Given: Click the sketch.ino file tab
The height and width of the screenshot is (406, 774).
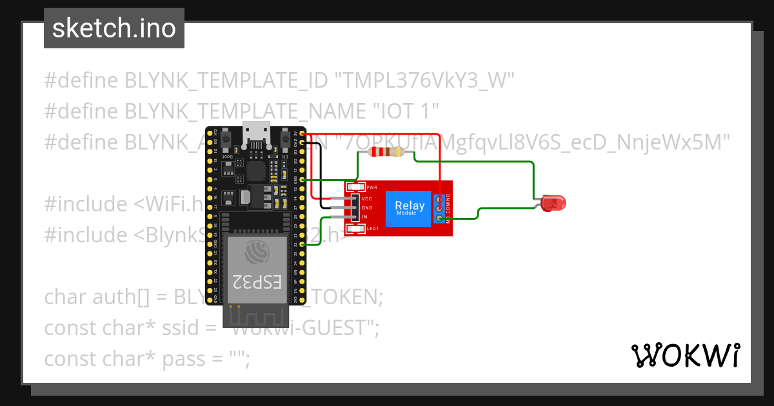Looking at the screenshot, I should coord(114,28).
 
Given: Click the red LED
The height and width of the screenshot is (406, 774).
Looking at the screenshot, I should coord(553,204).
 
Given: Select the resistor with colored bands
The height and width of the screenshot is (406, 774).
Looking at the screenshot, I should coord(384,152).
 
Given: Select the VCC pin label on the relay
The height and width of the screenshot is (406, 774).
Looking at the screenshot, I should coord(367,199).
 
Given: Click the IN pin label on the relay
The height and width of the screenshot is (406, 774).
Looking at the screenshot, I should coord(364,217).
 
